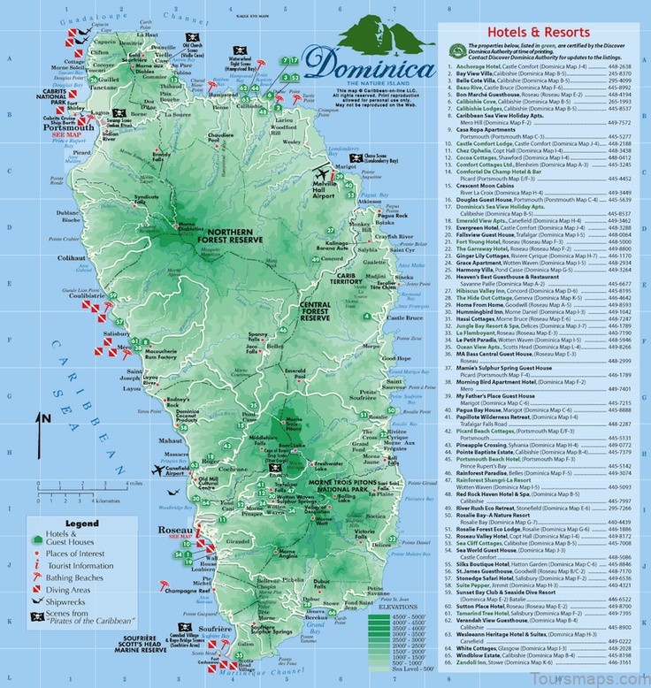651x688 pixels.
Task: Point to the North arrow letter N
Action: click(x=42, y=417)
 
